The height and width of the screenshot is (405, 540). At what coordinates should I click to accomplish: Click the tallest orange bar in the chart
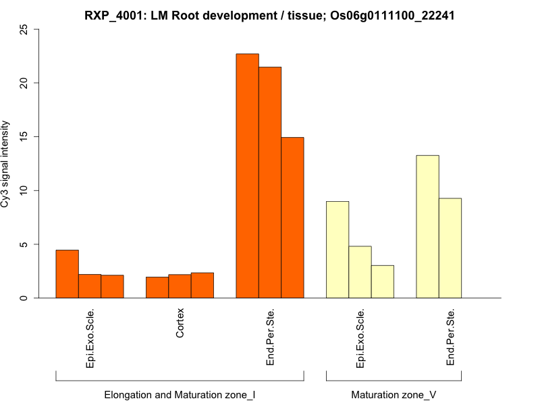coord(247,175)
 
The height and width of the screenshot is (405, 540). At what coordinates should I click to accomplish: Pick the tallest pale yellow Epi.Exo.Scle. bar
coord(337,250)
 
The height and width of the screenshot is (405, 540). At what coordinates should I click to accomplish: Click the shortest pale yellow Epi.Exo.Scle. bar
coord(382,281)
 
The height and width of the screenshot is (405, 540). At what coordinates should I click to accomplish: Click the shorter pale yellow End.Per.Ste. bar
coord(450,248)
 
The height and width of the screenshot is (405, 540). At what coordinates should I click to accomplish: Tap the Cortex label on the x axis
coord(180,324)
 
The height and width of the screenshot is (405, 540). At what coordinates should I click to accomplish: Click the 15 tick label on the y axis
coord(25,137)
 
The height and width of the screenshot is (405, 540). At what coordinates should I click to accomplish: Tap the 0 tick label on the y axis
coord(25,298)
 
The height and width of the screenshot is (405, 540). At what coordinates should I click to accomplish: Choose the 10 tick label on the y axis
coord(25,190)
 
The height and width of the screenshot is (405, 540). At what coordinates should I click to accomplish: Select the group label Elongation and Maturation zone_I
coord(180,394)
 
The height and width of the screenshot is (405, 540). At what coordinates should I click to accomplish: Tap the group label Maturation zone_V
coord(394,394)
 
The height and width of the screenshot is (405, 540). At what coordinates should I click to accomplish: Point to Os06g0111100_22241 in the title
coord(391,15)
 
